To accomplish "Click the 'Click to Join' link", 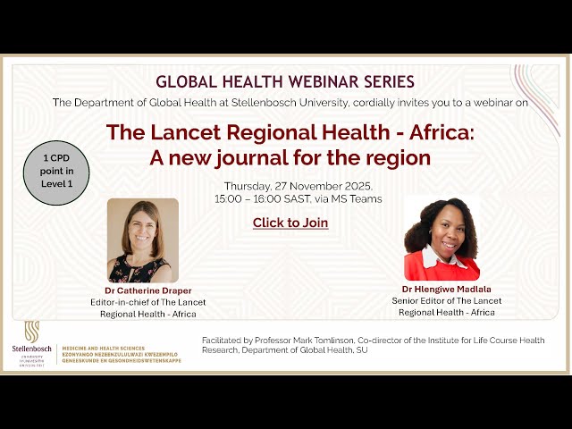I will pos(290,223).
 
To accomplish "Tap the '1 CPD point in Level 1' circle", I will pos(57,171).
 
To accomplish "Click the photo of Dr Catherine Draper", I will pos(143,240).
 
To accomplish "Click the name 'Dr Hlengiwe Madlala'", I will pos(446,290).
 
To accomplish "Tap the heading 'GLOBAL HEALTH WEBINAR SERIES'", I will pos(285,82).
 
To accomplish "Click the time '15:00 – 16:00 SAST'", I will pos(265,198).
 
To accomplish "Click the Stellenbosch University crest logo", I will pos(31,331).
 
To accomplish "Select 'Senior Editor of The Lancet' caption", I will pos(447,301).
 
